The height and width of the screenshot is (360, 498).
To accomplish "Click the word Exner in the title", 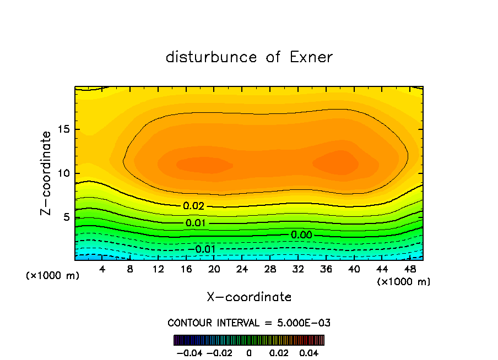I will click(x=311, y=57).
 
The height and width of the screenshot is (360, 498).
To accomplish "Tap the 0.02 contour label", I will click(x=193, y=206).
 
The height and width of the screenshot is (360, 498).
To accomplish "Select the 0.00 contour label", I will click(x=301, y=235).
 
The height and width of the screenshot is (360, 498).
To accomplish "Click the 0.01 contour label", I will click(x=196, y=223).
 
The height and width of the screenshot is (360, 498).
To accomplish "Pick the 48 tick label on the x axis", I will click(x=410, y=269).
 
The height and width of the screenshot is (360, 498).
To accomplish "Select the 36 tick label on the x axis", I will click(x=326, y=269).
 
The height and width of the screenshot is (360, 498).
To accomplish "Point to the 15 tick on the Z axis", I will click(x=62, y=129).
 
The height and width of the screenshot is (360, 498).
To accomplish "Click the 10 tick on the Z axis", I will click(x=62, y=173).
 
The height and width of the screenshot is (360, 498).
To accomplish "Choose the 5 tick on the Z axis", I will click(x=65, y=217).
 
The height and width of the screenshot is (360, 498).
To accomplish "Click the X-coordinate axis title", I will click(x=249, y=297).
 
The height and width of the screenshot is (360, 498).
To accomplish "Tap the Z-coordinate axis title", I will click(x=46, y=173).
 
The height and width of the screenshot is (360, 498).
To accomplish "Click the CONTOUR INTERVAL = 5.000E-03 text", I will click(x=249, y=323).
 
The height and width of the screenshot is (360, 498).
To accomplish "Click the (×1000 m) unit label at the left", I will click(x=53, y=276).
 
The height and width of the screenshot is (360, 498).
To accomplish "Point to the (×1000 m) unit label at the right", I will click(x=404, y=282).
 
